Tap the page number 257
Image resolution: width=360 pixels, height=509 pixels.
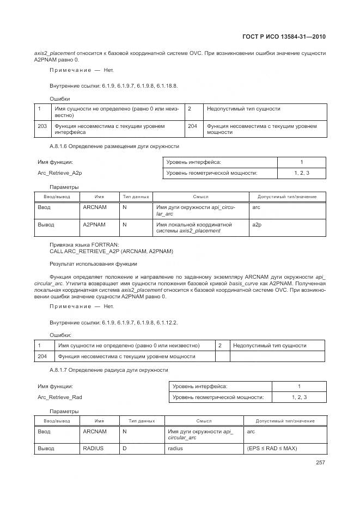pyautogui.click(x=320, y=463)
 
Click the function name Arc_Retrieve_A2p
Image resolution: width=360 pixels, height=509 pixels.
pyautogui.click(x=59, y=173)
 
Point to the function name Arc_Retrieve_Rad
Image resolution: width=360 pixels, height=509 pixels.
pyautogui.click(x=60, y=397)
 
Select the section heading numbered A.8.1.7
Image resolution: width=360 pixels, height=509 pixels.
pyautogui.click(x=109, y=370)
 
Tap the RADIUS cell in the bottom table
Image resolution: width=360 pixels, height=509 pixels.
pyautogui.click(x=93, y=449)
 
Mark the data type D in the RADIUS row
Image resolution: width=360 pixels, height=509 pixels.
pyautogui.click(x=125, y=449)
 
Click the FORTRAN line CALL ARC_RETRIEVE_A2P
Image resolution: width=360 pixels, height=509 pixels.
pyautogui.click(x=111, y=252)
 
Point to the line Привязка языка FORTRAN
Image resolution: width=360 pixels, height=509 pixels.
pyautogui.click(x=84, y=245)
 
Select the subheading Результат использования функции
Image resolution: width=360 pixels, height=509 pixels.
pyautogui.click(x=93, y=263)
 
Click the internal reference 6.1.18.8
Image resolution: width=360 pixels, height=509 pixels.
pyautogui.click(x=166, y=85)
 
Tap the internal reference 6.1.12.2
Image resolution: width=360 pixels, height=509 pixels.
pyautogui.click(x=166, y=322)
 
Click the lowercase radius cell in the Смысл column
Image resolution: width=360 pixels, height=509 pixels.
pyautogui.click(x=175, y=449)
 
